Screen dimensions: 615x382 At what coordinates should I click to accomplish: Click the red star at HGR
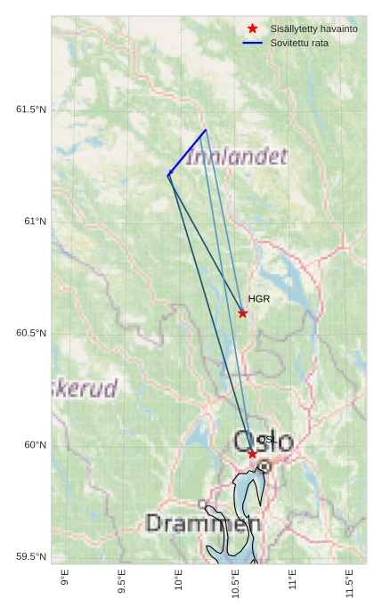243,313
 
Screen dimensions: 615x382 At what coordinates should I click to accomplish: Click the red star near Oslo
253,454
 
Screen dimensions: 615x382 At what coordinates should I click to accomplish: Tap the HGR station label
258,299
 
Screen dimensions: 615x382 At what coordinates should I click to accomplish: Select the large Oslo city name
264,441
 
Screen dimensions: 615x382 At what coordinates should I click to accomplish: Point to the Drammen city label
203,523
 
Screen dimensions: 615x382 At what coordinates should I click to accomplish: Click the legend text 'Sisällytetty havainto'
313,29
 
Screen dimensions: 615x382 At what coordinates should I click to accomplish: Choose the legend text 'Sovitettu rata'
299,43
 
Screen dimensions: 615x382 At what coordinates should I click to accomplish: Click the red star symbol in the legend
253,29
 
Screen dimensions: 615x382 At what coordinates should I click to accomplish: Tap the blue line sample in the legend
253,43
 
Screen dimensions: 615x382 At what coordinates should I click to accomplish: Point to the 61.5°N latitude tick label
31,109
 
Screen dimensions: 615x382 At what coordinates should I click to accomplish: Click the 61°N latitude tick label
35,222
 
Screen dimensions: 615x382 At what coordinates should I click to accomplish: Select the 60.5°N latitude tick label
31,334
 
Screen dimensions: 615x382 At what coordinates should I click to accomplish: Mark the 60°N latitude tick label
35,445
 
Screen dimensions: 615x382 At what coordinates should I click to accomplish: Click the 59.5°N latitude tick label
31,557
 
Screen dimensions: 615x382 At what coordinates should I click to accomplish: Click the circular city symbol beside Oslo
264,466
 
